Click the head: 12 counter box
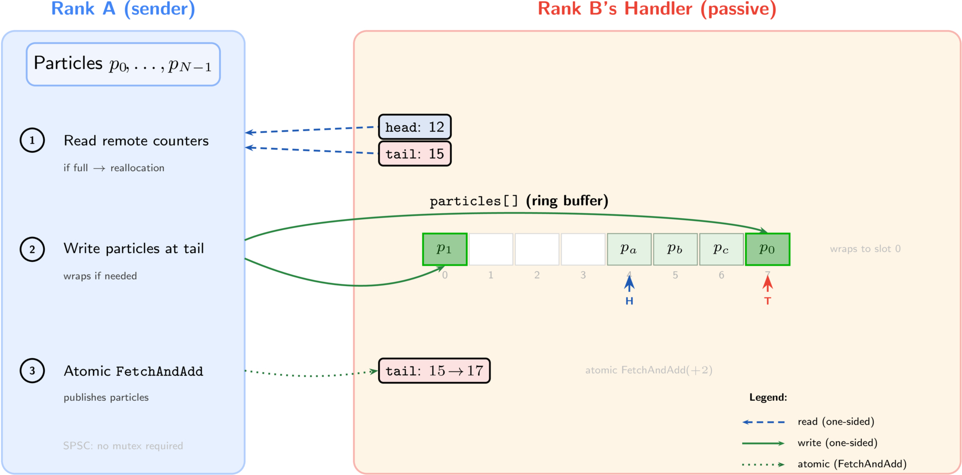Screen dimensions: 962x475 pos(415,127)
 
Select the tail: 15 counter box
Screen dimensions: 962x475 pos(415,153)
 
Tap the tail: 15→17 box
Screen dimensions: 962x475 pos(434,370)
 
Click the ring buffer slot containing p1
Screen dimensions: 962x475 pos(444,249)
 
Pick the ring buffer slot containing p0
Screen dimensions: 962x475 pos(767,249)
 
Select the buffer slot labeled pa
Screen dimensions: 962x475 pos(629,249)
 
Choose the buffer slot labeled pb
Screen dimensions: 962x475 pos(675,249)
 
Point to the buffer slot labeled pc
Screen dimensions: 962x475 pos(721,249)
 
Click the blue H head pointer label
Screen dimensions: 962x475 pos(629,301)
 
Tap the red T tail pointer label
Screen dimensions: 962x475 pos(767,301)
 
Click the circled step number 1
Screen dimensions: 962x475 pos(32,140)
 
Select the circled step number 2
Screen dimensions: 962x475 pos(32,249)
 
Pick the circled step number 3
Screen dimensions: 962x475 pos(32,370)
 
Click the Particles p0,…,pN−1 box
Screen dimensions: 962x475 pos(123,64)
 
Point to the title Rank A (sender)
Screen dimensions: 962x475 pos(123,9)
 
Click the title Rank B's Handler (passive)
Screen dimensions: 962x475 pos(657,9)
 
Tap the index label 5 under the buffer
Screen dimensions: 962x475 pos(675,275)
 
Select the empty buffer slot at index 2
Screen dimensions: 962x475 pos(537,249)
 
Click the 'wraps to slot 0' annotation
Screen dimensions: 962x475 pos(865,249)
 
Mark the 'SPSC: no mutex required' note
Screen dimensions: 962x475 pos(123,446)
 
